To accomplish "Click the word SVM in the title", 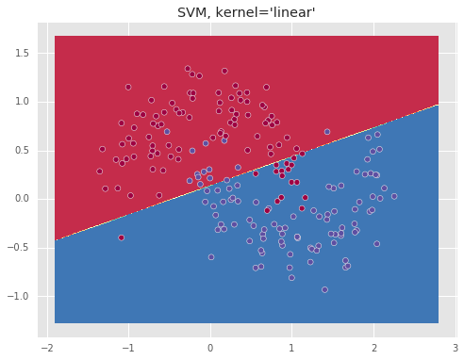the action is coord(192,13).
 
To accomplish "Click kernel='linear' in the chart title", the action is coord(265,12).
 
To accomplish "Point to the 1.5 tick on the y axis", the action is coord(22,54).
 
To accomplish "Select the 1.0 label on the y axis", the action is coord(22,102).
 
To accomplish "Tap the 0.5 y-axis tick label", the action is coord(22,151).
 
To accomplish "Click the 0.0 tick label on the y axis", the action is coord(22,199).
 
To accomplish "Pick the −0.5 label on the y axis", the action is coord(18,248).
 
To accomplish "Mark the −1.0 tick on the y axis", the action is coord(18,296).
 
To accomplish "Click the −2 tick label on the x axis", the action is coord(47,348).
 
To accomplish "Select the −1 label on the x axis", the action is coord(128,348).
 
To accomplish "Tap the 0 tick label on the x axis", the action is coord(210,348).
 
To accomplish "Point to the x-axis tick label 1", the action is coord(291,348).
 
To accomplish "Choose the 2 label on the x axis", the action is coord(374,348).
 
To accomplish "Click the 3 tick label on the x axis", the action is coord(456,348).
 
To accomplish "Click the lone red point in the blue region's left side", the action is coord(122,237).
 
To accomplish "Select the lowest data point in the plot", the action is coord(324,289).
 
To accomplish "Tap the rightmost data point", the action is coord(394,196).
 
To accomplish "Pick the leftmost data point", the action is coord(100,172).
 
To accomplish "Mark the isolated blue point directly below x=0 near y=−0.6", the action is coord(211,257).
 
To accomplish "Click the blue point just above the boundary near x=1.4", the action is coord(327,132).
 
